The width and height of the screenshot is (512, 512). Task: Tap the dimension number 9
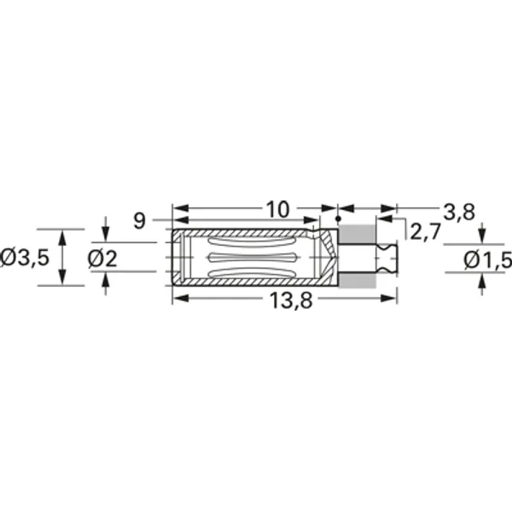coord(140,221)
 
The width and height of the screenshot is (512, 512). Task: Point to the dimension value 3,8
coord(459,211)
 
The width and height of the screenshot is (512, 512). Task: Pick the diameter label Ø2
coord(104,258)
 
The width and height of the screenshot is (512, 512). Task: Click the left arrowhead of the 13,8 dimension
coord(177,298)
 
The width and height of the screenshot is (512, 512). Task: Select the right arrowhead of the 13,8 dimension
coord(393,298)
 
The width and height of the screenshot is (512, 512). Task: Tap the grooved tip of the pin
coord(389,258)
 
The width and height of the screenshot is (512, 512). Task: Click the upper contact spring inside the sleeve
coord(256,244)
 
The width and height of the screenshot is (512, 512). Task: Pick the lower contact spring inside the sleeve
coord(256,272)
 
